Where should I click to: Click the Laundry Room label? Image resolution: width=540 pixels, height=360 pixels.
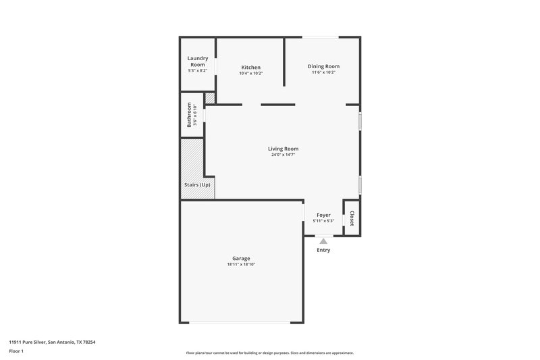(197, 61)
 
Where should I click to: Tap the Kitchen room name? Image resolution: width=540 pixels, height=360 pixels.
(251, 68)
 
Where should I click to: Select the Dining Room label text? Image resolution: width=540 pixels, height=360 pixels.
(323, 66)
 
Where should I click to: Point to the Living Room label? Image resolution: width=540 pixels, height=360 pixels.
(283, 149)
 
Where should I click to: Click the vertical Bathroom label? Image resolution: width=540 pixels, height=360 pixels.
(190, 115)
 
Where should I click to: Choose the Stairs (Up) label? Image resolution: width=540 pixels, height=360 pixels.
(197, 185)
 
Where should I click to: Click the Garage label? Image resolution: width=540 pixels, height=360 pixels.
(241, 258)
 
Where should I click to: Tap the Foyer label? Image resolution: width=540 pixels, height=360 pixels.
(323, 215)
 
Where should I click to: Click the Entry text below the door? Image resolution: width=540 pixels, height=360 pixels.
(323, 250)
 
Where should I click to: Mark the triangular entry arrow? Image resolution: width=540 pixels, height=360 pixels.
(323, 240)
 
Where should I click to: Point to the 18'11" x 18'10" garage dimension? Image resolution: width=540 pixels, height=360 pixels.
(241, 264)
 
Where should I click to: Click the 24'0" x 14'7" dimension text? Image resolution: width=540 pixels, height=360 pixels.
(283, 155)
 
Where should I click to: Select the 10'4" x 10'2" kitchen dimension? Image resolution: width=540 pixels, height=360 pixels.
(251, 73)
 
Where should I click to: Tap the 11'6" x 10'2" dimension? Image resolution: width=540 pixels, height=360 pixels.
(323, 72)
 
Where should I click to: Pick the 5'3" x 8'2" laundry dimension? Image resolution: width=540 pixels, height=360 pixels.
(197, 70)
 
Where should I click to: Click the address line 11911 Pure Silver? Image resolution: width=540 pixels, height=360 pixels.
(52, 342)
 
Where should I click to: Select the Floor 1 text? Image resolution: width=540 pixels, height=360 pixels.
(17, 351)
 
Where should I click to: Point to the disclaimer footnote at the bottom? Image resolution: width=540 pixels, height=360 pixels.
(270, 353)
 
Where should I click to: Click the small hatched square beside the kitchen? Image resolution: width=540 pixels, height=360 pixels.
(210, 99)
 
